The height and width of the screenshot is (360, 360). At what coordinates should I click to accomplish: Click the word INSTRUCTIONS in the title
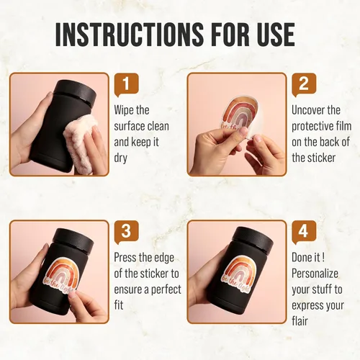pyautogui.click(x=130, y=35)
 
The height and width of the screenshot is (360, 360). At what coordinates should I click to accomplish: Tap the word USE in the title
pyautogui.click(x=272, y=35)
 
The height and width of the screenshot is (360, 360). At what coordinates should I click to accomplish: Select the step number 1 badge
pyautogui.click(x=127, y=85)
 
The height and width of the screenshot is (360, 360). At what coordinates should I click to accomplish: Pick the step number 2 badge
pyautogui.click(x=304, y=85)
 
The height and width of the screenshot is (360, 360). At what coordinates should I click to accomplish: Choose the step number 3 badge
pyautogui.click(x=127, y=232)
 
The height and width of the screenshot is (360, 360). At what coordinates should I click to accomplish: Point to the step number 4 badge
pyautogui.click(x=304, y=232)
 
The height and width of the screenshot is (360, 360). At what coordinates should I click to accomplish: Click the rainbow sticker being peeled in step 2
pyautogui.click(x=236, y=114)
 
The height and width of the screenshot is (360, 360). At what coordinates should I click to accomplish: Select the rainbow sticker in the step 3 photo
pyautogui.click(x=60, y=275)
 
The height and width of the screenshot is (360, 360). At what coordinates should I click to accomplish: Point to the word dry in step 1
pyautogui.click(x=120, y=158)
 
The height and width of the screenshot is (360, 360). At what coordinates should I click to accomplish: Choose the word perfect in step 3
pyautogui.click(x=166, y=290)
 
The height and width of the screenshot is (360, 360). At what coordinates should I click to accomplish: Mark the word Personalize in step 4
pyautogui.click(x=315, y=274)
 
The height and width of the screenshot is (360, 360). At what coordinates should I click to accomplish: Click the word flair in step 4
pyautogui.click(x=300, y=321)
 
